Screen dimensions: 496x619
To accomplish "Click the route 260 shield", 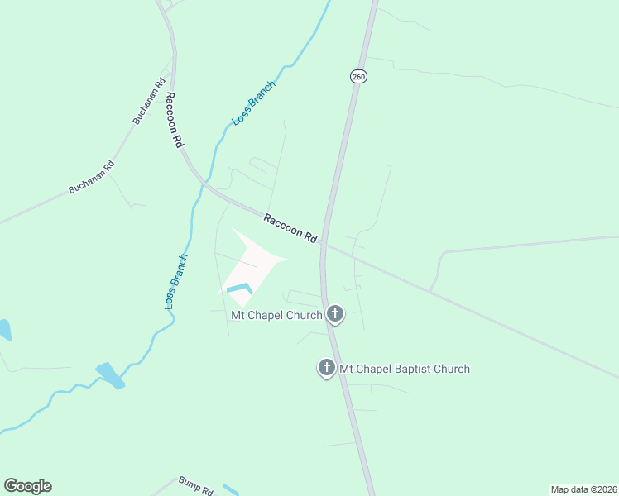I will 357,76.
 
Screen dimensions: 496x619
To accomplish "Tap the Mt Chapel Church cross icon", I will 335,313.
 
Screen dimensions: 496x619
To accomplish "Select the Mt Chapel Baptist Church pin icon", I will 327,368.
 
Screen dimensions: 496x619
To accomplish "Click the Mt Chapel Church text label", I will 276,315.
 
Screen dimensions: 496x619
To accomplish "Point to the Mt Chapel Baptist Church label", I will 405,369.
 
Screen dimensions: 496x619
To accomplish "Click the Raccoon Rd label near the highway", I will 290,228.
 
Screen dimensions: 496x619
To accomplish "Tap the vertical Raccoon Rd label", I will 174,120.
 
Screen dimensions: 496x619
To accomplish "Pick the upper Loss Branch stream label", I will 253,103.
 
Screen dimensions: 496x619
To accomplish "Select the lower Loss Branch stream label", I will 176,281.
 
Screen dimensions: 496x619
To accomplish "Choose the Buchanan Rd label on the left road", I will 91,176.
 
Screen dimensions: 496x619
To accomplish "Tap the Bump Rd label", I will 195,485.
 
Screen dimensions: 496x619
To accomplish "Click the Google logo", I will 27,486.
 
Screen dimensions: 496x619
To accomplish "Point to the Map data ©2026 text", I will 583,489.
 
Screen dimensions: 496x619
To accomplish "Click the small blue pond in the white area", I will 239,289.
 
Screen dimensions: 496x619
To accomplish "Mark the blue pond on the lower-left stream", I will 109,374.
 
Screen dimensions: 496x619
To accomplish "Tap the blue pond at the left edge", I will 4,330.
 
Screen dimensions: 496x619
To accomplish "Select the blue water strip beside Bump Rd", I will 230,489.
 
